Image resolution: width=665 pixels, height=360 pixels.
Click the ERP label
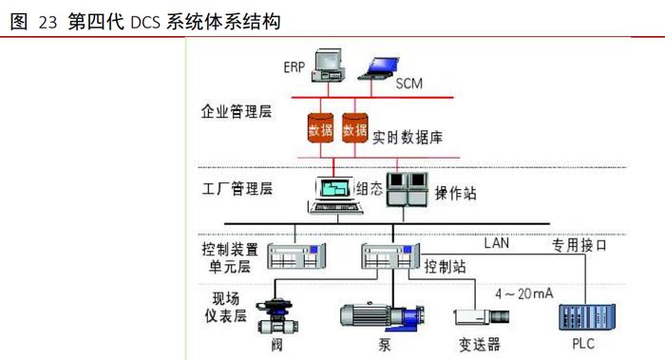coord(294,67)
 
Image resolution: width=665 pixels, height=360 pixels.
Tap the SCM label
coord(408,84)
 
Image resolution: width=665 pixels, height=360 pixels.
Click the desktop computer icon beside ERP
coord(329,63)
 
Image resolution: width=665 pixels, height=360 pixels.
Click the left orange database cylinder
coord(321,129)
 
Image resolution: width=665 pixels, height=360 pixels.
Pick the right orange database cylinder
coord(354,129)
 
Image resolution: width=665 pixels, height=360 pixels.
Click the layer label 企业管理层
coord(236,112)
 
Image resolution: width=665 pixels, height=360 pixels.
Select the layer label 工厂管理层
coord(237,187)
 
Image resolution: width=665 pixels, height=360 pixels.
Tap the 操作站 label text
coord(455,193)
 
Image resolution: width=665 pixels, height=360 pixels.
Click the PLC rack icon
coord(582,314)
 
